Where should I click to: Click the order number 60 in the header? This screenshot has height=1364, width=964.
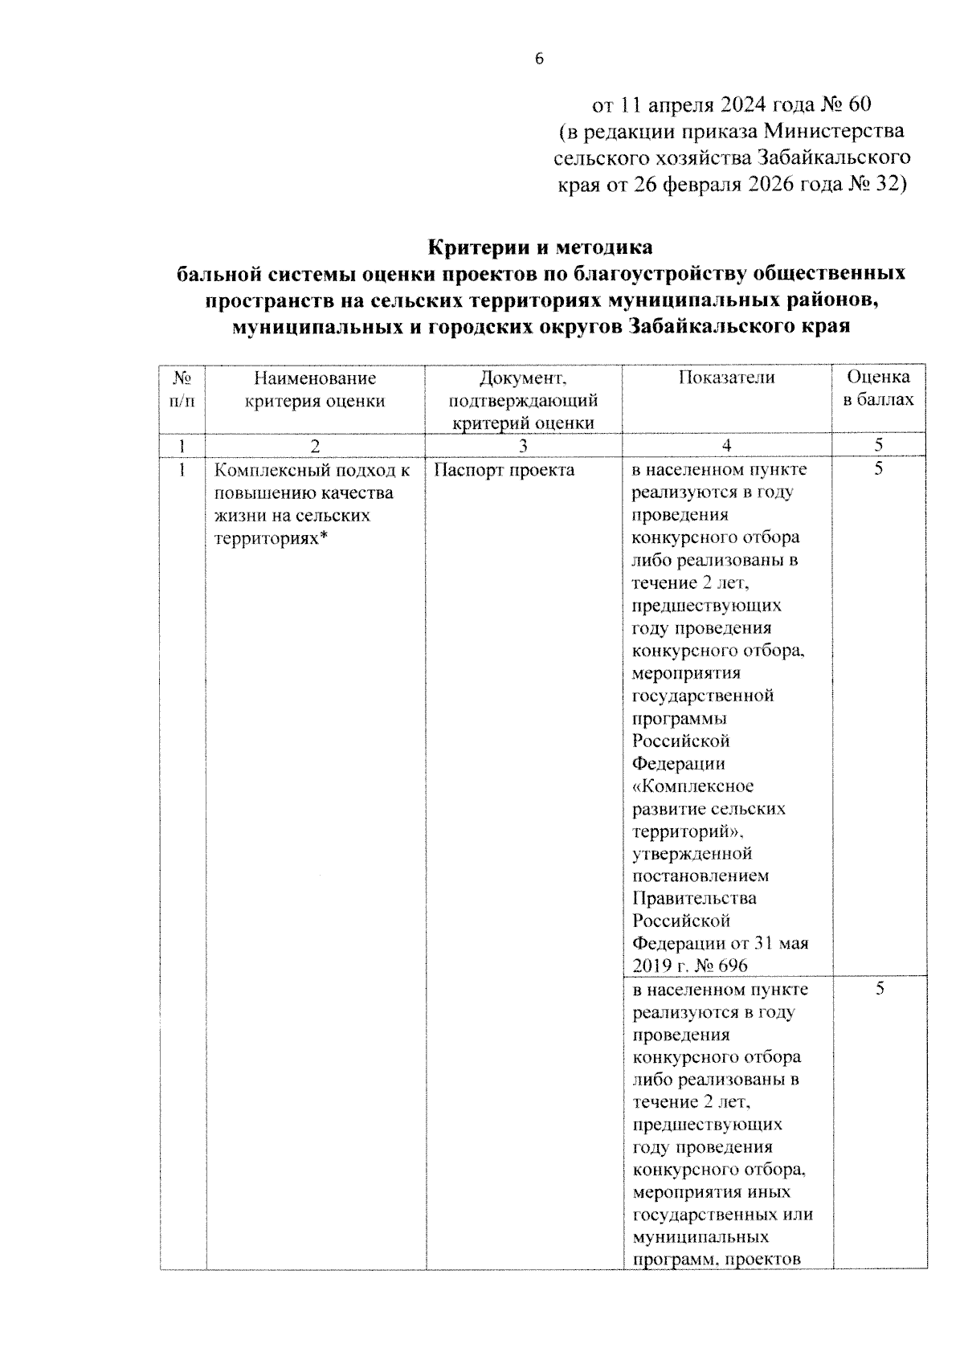tap(853, 104)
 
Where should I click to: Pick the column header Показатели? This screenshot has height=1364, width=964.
tap(726, 378)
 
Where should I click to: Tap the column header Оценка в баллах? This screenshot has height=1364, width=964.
tap(879, 388)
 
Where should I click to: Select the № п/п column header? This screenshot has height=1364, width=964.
tap(182, 388)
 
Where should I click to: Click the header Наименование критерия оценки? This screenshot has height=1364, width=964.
tap(315, 389)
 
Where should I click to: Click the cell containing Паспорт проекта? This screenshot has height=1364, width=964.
tap(504, 470)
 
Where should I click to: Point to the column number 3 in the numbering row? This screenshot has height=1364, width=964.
tap(523, 446)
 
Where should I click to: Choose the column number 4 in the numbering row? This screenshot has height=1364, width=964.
tap(726, 446)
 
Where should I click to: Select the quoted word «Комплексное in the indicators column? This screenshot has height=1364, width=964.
tap(692, 786)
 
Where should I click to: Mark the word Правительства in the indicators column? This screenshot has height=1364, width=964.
tap(693, 898)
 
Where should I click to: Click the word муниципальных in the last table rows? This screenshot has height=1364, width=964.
tap(700, 1236)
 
